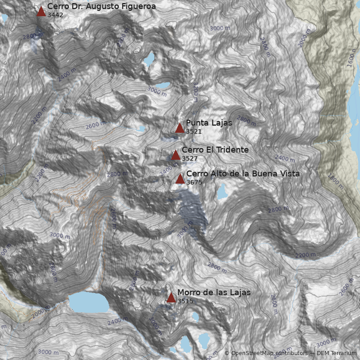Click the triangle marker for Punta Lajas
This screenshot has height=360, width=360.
click(x=180, y=128)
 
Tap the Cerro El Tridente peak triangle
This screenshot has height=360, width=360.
click(x=176, y=155)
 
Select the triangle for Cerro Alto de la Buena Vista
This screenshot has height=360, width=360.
click(x=180, y=179)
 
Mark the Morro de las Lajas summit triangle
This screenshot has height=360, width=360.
click(x=171, y=297)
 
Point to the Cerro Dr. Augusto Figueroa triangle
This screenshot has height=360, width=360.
click(x=41, y=12)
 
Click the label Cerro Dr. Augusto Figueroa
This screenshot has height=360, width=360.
click(x=101, y=6)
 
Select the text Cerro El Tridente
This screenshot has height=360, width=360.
click(x=215, y=150)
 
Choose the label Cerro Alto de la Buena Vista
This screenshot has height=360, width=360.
click(x=243, y=174)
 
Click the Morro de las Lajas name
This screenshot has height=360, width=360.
click(x=214, y=292)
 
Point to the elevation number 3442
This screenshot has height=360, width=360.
click(x=55, y=15)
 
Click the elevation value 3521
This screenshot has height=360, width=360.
click(x=193, y=131)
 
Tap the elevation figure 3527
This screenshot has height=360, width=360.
click(x=189, y=158)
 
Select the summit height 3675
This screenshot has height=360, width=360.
click(x=194, y=182)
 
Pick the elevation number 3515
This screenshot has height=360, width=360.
click(x=185, y=301)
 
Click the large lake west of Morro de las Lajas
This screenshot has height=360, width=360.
click(x=89, y=302)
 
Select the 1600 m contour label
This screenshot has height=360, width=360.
click(x=354, y=58)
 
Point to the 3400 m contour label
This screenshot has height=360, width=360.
click(x=169, y=170)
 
